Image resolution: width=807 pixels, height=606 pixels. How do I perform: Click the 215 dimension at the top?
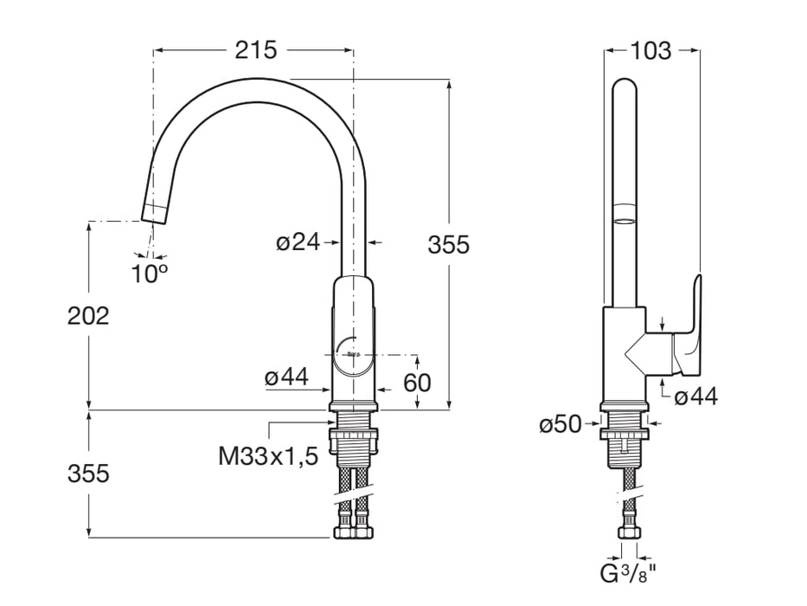(x=256, y=50)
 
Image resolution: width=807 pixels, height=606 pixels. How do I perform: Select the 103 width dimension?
(x=650, y=51)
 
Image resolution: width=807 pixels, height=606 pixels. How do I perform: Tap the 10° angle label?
(x=149, y=274)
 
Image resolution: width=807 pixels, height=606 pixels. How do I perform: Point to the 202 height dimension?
(x=89, y=316)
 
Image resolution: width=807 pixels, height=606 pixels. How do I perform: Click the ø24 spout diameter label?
(x=298, y=242)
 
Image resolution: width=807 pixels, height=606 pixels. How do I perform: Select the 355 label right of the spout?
(x=449, y=245)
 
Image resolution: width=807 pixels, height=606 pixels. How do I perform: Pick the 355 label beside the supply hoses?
(x=89, y=474)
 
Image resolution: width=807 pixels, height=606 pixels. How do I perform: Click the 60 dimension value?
(x=416, y=382)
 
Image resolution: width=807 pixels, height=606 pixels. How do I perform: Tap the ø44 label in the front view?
(x=287, y=377)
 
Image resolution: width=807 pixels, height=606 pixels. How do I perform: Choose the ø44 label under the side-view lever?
(x=695, y=396)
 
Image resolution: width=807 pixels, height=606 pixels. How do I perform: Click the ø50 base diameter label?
(x=560, y=425)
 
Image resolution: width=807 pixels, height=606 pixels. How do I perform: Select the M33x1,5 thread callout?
(x=268, y=455)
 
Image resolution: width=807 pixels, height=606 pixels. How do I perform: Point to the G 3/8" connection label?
(x=629, y=573)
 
